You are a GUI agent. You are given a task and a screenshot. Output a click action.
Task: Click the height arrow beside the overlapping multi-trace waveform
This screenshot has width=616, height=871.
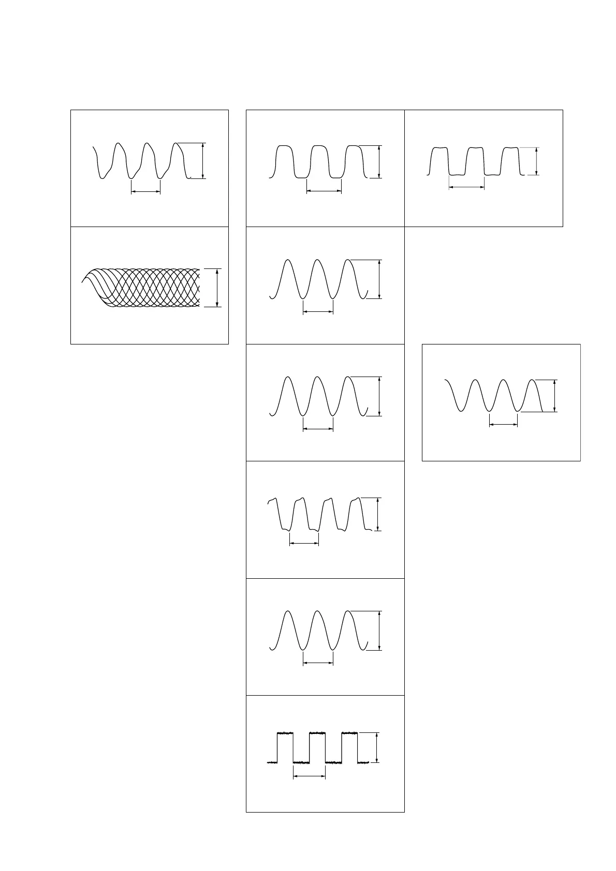pyautogui.click(x=217, y=288)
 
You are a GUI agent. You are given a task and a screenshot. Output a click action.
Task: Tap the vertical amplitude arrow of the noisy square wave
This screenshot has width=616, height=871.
pyautogui.click(x=377, y=747)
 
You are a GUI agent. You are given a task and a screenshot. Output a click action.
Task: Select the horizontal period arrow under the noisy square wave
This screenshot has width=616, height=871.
pyautogui.click(x=309, y=776)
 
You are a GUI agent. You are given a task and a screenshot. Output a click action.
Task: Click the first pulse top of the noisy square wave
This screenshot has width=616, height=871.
pyautogui.click(x=285, y=733)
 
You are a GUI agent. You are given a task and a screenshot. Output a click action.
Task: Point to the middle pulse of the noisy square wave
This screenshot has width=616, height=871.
pyautogui.click(x=317, y=733)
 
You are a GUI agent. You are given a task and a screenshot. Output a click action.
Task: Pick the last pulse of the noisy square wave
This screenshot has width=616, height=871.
pyautogui.click(x=349, y=733)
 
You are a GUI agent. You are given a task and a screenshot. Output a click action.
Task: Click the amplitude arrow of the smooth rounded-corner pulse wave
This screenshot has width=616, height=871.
pyautogui.click(x=379, y=162)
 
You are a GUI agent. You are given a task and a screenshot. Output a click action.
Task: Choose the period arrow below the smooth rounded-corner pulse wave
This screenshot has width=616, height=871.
pyautogui.click(x=324, y=191)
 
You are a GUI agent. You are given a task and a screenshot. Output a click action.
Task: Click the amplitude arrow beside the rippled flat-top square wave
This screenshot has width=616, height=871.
pyautogui.click(x=536, y=161)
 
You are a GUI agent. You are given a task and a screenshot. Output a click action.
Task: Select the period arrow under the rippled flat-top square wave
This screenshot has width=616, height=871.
pyautogui.click(x=466, y=187)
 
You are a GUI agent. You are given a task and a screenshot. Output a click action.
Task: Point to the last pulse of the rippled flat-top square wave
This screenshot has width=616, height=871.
pyautogui.click(x=510, y=149)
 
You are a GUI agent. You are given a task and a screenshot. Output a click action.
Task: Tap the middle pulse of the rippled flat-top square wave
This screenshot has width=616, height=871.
pyautogui.click(x=475, y=149)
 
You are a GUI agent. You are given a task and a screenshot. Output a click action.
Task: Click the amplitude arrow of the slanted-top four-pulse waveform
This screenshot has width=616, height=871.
pyautogui.click(x=379, y=514)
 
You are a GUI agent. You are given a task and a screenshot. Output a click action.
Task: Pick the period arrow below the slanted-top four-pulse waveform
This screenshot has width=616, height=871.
pyautogui.click(x=304, y=543)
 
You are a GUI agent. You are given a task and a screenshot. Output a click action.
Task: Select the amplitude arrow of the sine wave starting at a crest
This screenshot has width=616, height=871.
pyautogui.click(x=555, y=396)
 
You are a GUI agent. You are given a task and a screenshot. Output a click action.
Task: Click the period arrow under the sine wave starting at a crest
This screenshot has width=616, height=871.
pyautogui.click(x=504, y=425)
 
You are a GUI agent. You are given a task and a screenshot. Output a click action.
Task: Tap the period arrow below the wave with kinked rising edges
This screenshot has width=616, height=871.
pyautogui.click(x=146, y=192)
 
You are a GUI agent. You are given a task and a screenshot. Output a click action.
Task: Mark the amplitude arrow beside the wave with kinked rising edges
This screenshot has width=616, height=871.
pyautogui.click(x=203, y=160)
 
